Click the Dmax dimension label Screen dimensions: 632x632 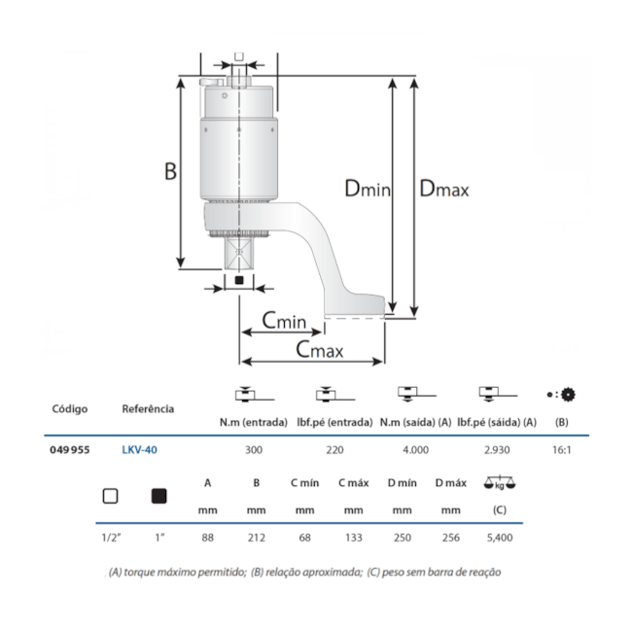click(x=443, y=190)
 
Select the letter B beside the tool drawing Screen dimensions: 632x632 click(x=170, y=171)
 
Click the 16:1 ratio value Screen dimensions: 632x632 click(x=561, y=450)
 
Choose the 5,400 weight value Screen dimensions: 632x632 click(x=500, y=536)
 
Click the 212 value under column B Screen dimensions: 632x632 click(x=256, y=536)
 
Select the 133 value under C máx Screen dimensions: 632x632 click(x=353, y=536)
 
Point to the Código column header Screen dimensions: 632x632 click(x=69, y=409)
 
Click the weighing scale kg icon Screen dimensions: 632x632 click(x=500, y=484)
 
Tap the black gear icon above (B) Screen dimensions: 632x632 click(x=567, y=394)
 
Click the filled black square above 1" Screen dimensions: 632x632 click(x=159, y=496)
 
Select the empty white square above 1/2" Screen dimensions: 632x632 click(x=110, y=496)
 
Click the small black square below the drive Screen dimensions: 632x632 click(x=238, y=281)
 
